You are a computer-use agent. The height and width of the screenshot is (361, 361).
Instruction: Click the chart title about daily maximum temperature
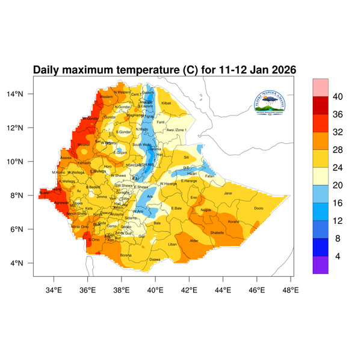(x=164, y=70)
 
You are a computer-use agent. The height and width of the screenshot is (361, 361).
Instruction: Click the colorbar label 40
(x=338, y=97)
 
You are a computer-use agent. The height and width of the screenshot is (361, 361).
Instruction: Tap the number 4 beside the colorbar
(x=338, y=256)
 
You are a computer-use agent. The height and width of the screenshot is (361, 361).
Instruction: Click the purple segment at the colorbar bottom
(x=320, y=265)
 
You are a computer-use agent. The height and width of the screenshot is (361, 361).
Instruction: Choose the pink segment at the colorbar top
(x=320, y=87)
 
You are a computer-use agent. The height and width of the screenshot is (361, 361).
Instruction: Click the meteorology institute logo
(x=269, y=103)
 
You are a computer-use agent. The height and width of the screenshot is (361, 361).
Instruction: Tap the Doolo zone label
(x=259, y=208)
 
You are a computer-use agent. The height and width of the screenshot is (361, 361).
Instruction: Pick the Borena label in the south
(x=126, y=255)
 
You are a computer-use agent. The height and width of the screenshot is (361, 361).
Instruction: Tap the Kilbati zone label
(x=167, y=103)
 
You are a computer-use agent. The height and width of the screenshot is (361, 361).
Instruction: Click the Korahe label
(x=233, y=221)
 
